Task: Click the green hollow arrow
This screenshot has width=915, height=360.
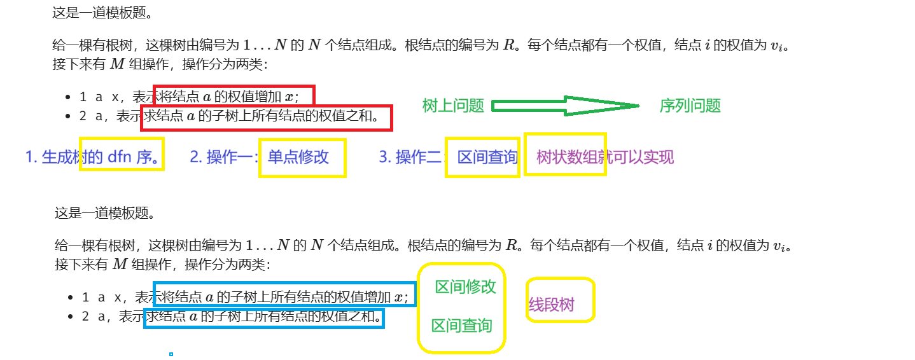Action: [565, 106]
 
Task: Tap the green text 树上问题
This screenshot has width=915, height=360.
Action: [453, 106]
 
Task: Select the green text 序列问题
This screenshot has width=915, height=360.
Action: [690, 106]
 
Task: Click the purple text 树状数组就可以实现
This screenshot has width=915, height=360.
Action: [604, 157]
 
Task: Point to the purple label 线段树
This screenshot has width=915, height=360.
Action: [551, 305]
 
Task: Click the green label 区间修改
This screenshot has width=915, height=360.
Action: [465, 287]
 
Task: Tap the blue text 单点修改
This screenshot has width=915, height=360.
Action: [298, 157]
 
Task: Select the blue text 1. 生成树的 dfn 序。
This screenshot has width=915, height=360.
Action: [93, 157]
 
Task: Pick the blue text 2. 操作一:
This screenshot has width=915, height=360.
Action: [223, 157]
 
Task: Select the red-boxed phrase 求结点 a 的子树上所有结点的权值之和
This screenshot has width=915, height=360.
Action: [266, 116]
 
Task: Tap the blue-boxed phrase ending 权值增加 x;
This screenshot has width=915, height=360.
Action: [284, 296]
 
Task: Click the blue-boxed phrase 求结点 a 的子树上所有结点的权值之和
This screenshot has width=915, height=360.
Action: [264, 317]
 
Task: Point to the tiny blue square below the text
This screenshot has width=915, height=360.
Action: [171, 354]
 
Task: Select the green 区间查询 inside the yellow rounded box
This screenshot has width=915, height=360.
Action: [461, 326]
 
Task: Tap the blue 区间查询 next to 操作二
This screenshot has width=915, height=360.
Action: [487, 157]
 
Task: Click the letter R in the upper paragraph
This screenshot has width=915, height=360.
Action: [509, 46]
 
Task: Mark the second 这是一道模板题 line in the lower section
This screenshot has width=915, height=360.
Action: [105, 213]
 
